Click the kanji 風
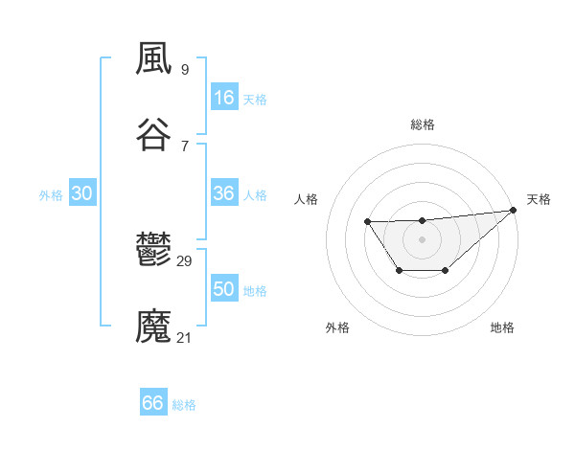pos(154,59)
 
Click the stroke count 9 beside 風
pos(184,69)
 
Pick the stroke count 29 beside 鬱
pos(185,261)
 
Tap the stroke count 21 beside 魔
pos(185,337)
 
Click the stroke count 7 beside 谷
pos(184,145)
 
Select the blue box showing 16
pos(224,98)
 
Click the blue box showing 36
pos(224,193)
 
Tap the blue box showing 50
pos(224,289)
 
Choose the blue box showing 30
pos(82,193)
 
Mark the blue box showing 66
pos(153,403)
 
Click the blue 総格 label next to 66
pos(185,405)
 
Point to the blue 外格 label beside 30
pos(51,195)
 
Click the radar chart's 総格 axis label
pos(423,124)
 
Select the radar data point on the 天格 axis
pos(513,210)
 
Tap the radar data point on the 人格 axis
pos(367,222)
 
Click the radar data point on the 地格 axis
pos(446,271)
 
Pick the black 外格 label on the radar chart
pos(337,327)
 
